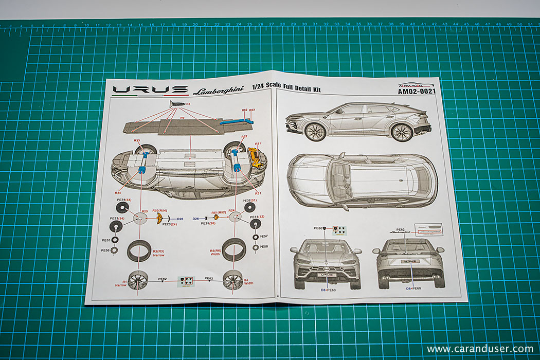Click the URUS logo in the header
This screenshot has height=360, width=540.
coord(150,90)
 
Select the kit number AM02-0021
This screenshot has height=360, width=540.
coord(417,92)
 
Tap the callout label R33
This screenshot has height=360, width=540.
coord(137,140)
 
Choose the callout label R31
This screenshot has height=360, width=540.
coord(258,193)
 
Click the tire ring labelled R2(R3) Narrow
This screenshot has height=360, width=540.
coord(139,250)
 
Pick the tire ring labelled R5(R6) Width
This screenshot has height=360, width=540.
coord(234,250)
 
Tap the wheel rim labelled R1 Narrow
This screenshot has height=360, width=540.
coord(138,281)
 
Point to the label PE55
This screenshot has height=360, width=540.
coord(105,240)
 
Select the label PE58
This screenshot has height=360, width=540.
coord(264,247)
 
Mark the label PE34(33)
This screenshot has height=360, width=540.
coord(124,200)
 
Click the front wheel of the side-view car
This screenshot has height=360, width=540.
coord(315,132)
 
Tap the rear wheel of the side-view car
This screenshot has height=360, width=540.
coord(402,132)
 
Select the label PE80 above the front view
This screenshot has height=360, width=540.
coord(317,227)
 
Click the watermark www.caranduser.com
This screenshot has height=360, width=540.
coord(479,349)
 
